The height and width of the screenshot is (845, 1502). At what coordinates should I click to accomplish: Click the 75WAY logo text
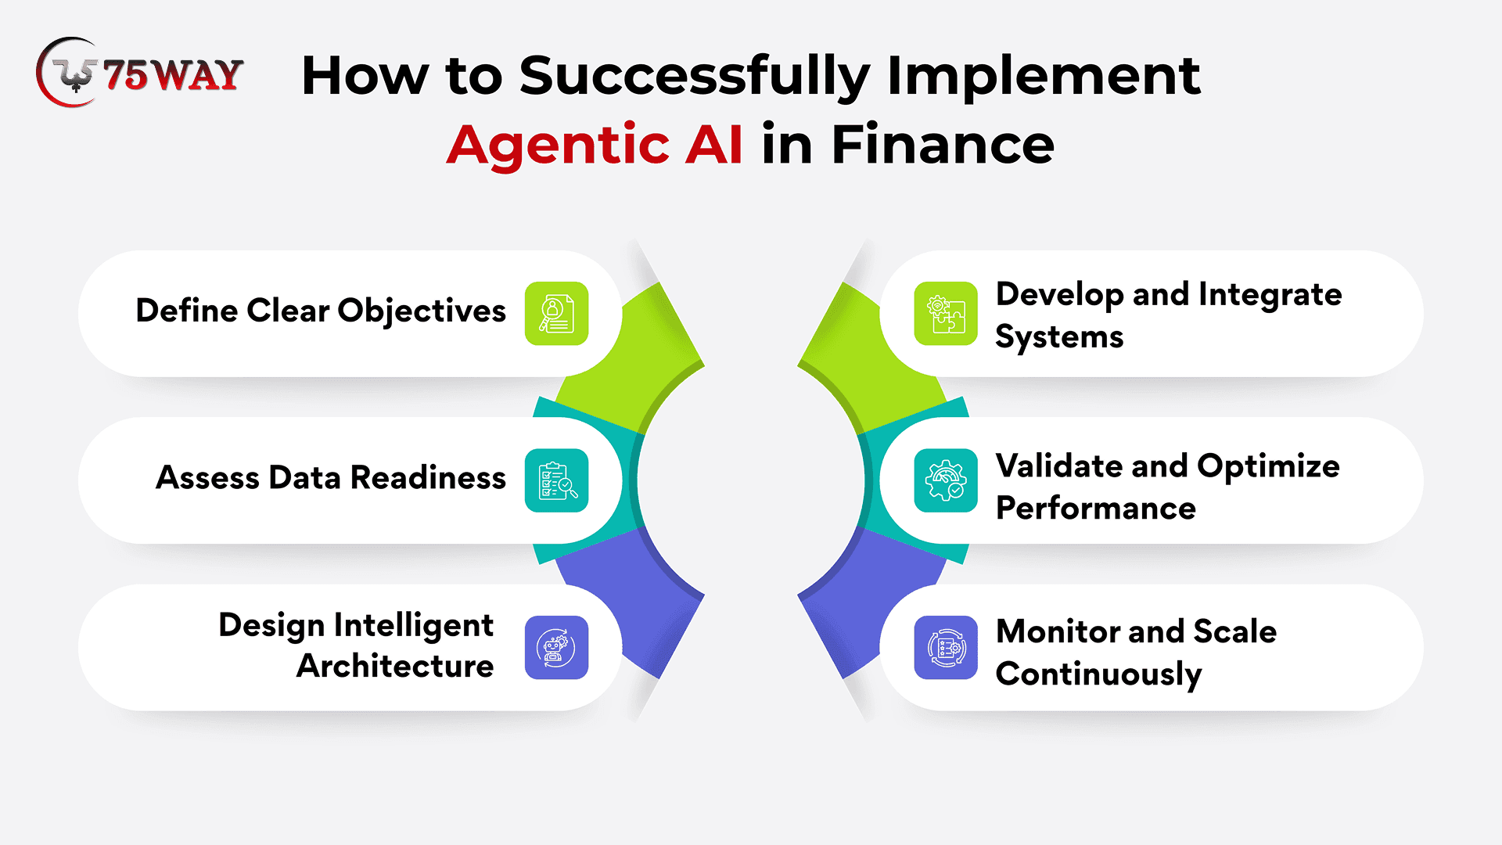click(x=173, y=75)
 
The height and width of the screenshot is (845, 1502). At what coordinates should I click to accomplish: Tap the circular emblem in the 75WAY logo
click(x=69, y=72)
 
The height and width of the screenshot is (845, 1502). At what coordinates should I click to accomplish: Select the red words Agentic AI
click(x=595, y=145)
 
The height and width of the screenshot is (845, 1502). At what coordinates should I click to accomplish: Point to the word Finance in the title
click(x=943, y=145)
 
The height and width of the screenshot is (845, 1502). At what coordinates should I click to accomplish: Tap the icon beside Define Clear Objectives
click(x=556, y=313)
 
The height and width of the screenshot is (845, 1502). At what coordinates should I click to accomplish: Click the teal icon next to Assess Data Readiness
click(x=556, y=480)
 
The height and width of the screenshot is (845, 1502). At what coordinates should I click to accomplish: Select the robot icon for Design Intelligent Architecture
click(x=556, y=647)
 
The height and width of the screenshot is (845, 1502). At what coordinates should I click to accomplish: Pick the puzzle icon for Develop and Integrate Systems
click(x=946, y=313)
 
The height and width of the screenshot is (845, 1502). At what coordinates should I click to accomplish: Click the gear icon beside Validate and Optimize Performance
click(x=946, y=480)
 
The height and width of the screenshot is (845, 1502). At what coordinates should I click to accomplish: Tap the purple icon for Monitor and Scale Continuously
click(x=946, y=647)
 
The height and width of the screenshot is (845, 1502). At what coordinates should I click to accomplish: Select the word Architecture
click(x=395, y=666)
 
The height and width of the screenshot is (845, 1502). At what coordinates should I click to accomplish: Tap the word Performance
click(x=1096, y=509)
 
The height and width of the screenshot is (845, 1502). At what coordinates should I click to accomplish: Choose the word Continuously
click(x=1098, y=674)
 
